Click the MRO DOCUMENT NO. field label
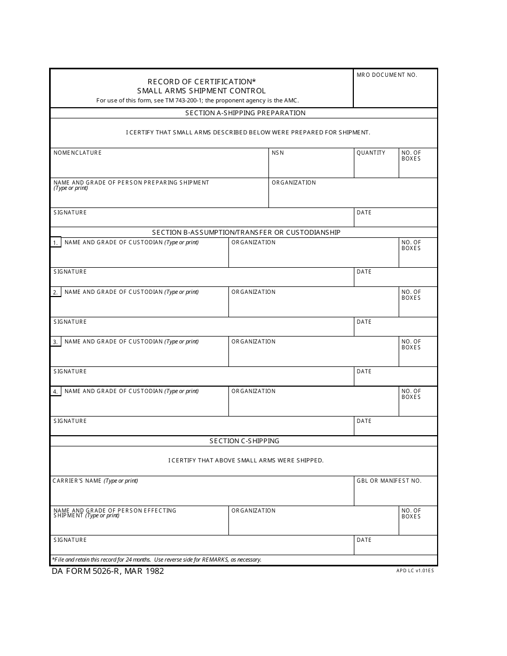coord(386,75)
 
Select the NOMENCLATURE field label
coord(77,153)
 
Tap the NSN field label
coord(278,153)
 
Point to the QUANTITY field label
coord(370,153)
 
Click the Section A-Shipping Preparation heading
coord(245,113)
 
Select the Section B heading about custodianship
coord(246,233)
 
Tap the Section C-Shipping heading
coord(244,441)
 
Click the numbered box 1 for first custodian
coord(56,243)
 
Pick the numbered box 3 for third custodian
coord(56,342)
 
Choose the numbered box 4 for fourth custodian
coord(56,391)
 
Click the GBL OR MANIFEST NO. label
coord(389,481)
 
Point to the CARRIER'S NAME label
coord(95,481)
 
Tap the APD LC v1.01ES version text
coord(415,571)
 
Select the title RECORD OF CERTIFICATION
coord(201,82)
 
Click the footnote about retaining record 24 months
coord(156,560)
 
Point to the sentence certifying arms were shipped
coord(245,460)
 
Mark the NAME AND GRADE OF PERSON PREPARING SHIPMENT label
coord(131,183)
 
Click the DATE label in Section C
coord(363,540)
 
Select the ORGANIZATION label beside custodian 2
coord(253,292)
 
